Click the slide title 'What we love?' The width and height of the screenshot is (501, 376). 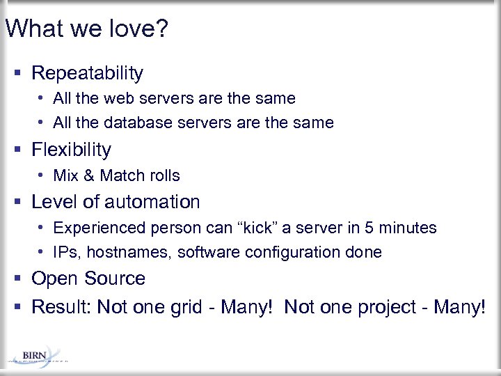(x=87, y=29)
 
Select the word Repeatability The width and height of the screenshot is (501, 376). (x=88, y=73)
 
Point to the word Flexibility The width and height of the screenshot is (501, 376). (x=72, y=150)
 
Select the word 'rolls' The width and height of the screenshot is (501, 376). (x=162, y=175)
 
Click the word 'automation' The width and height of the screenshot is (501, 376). (x=152, y=202)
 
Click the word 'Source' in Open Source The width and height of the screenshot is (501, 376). (x=115, y=279)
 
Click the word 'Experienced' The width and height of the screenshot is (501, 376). (x=96, y=228)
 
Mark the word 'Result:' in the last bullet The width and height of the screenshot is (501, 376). (x=62, y=306)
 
